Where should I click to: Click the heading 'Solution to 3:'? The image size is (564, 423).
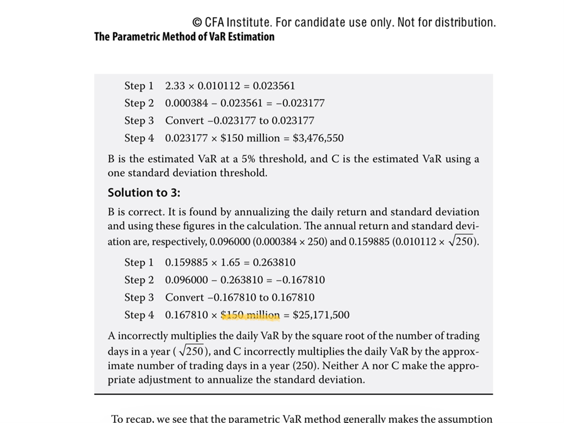[144, 193]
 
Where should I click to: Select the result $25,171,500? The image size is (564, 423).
[321, 315]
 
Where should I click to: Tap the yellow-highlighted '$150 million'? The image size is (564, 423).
[250, 315]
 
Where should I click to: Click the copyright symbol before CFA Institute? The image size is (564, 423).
[197, 23]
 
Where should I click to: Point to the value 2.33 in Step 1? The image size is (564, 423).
[174, 86]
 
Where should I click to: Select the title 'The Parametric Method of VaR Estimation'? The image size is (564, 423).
[184, 37]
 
